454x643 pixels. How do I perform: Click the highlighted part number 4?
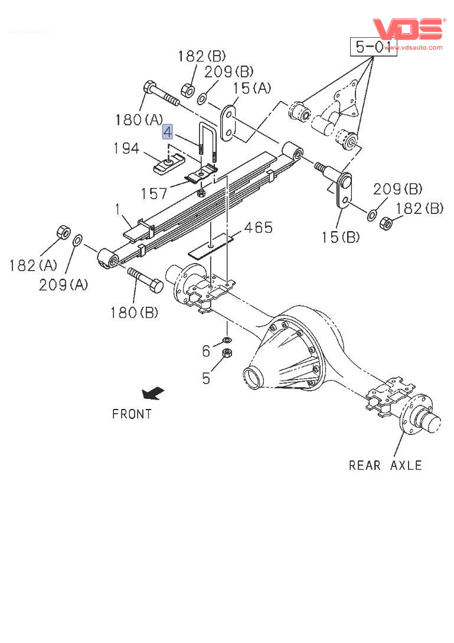tap(168, 131)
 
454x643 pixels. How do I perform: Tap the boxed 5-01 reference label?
tap(374, 46)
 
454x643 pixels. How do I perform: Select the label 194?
tap(126, 148)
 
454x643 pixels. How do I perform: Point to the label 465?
tap(259, 228)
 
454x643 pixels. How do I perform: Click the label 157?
tap(155, 193)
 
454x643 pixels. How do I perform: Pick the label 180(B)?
tap(134, 312)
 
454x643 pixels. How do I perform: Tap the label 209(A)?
tap(63, 284)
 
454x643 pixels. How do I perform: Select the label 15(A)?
tap(252, 88)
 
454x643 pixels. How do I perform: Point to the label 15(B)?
tap(339, 237)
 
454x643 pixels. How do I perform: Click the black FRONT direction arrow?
tap(152, 392)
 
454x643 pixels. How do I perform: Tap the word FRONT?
tap(132, 414)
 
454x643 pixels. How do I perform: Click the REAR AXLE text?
tap(385, 465)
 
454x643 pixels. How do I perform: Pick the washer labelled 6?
tap(226, 341)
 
